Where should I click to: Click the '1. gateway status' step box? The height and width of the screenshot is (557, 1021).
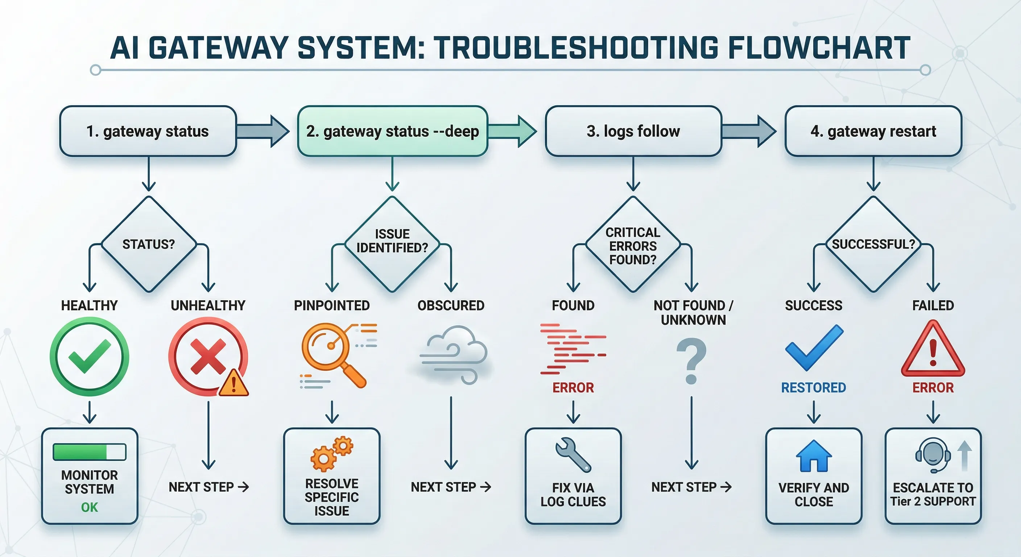(148, 131)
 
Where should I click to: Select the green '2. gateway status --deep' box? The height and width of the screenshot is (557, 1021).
(392, 131)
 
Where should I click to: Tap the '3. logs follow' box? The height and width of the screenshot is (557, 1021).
(633, 131)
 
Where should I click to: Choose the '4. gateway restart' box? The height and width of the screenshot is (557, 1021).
(873, 131)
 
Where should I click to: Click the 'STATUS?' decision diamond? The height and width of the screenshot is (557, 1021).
(149, 244)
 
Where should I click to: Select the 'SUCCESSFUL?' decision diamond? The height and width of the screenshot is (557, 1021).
(873, 244)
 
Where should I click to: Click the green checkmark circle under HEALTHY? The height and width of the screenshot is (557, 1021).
(90, 356)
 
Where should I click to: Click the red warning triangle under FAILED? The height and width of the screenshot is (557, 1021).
(933, 350)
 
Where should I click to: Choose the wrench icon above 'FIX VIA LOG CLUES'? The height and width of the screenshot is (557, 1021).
(573, 455)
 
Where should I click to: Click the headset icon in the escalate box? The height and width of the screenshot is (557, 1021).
(933, 455)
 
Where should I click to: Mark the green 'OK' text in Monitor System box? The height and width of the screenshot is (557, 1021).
(90, 507)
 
